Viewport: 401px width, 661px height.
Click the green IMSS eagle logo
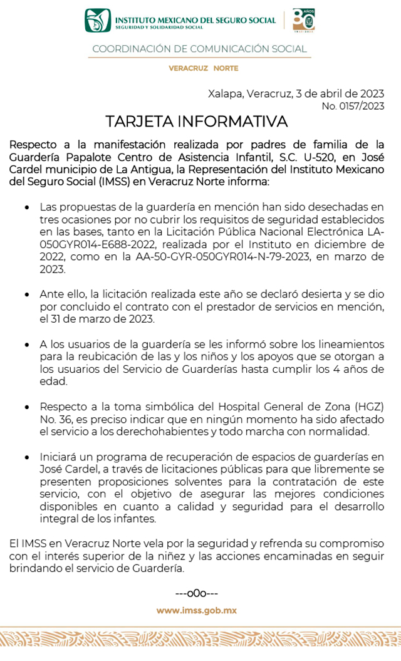click(x=98, y=21)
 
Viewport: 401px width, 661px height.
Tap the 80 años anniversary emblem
click(x=304, y=20)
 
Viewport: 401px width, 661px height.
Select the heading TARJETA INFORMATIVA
click(x=196, y=121)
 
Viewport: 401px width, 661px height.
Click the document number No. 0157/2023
click(x=353, y=106)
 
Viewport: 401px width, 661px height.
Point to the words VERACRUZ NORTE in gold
click(x=203, y=68)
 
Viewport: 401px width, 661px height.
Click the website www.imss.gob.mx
click(x=197, y=610)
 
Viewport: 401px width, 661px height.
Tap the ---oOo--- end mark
click(x=197, y=593)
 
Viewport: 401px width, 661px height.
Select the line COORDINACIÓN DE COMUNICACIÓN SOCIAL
click(x=199, y=49)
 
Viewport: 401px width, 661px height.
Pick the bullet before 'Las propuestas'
click(x=26, y=206)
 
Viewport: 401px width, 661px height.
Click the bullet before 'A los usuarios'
click(x=26, y=345)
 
